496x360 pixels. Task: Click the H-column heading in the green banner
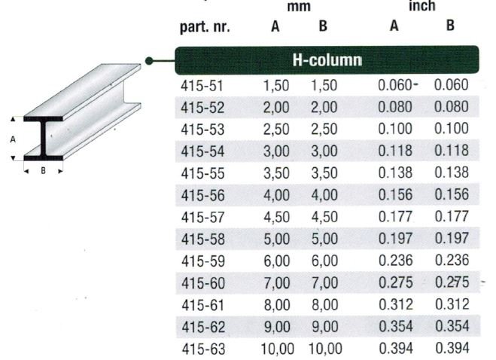(x=326, y=59)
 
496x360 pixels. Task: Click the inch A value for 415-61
(x=395, y=304)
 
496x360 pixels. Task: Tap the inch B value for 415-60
(x=451, y=282)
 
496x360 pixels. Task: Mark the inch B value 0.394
(x=451, y=349)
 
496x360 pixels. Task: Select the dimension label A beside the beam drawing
(x=13, y=139)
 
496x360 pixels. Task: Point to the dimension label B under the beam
(x=43, y=170)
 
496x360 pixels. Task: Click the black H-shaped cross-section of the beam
(x=44, y=139)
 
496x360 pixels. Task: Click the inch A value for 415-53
(x=395, y=129)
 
